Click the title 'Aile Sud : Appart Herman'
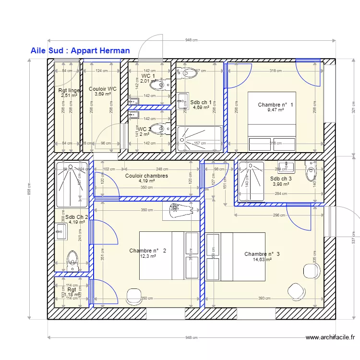pyautogui.click(x=80, y=50)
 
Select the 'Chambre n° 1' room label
pyautogui.click(x=276, y=105)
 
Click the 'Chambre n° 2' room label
pyautogui.click(x=148, y=251)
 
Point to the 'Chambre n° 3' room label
pyautogui.click(x=262, y=254)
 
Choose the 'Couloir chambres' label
pyautogui.click(x=146, y=176)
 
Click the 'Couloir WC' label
pyautogui.click(x=103, y=89)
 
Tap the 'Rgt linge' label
pyautogui.click(x=69, y=90)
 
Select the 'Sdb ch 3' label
pyautogui.click(x=281, y=179)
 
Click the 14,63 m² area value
pyautogui.click(x=262, y=260)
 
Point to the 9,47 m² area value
pyautogui.click(x=276, y=110)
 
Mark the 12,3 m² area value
pyautogui.click(x=148, y=256)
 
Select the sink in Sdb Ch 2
pyautogui.click(x=60, y=233)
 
